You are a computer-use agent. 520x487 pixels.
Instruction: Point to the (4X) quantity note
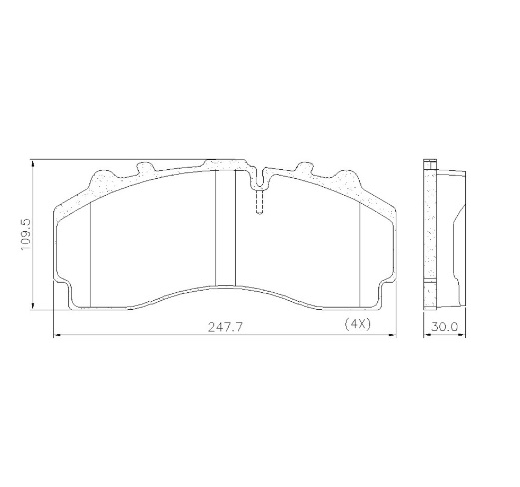click(357, 324)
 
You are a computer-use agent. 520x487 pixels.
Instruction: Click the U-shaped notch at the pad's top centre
click(258, 179)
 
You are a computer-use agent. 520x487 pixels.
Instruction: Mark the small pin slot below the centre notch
click(258, 203)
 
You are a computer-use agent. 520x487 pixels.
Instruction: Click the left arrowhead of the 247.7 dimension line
click(54, 336)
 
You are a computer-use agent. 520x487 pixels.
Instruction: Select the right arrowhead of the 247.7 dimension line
click(393, 336)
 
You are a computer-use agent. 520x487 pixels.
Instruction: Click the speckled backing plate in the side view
click(431, 235)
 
